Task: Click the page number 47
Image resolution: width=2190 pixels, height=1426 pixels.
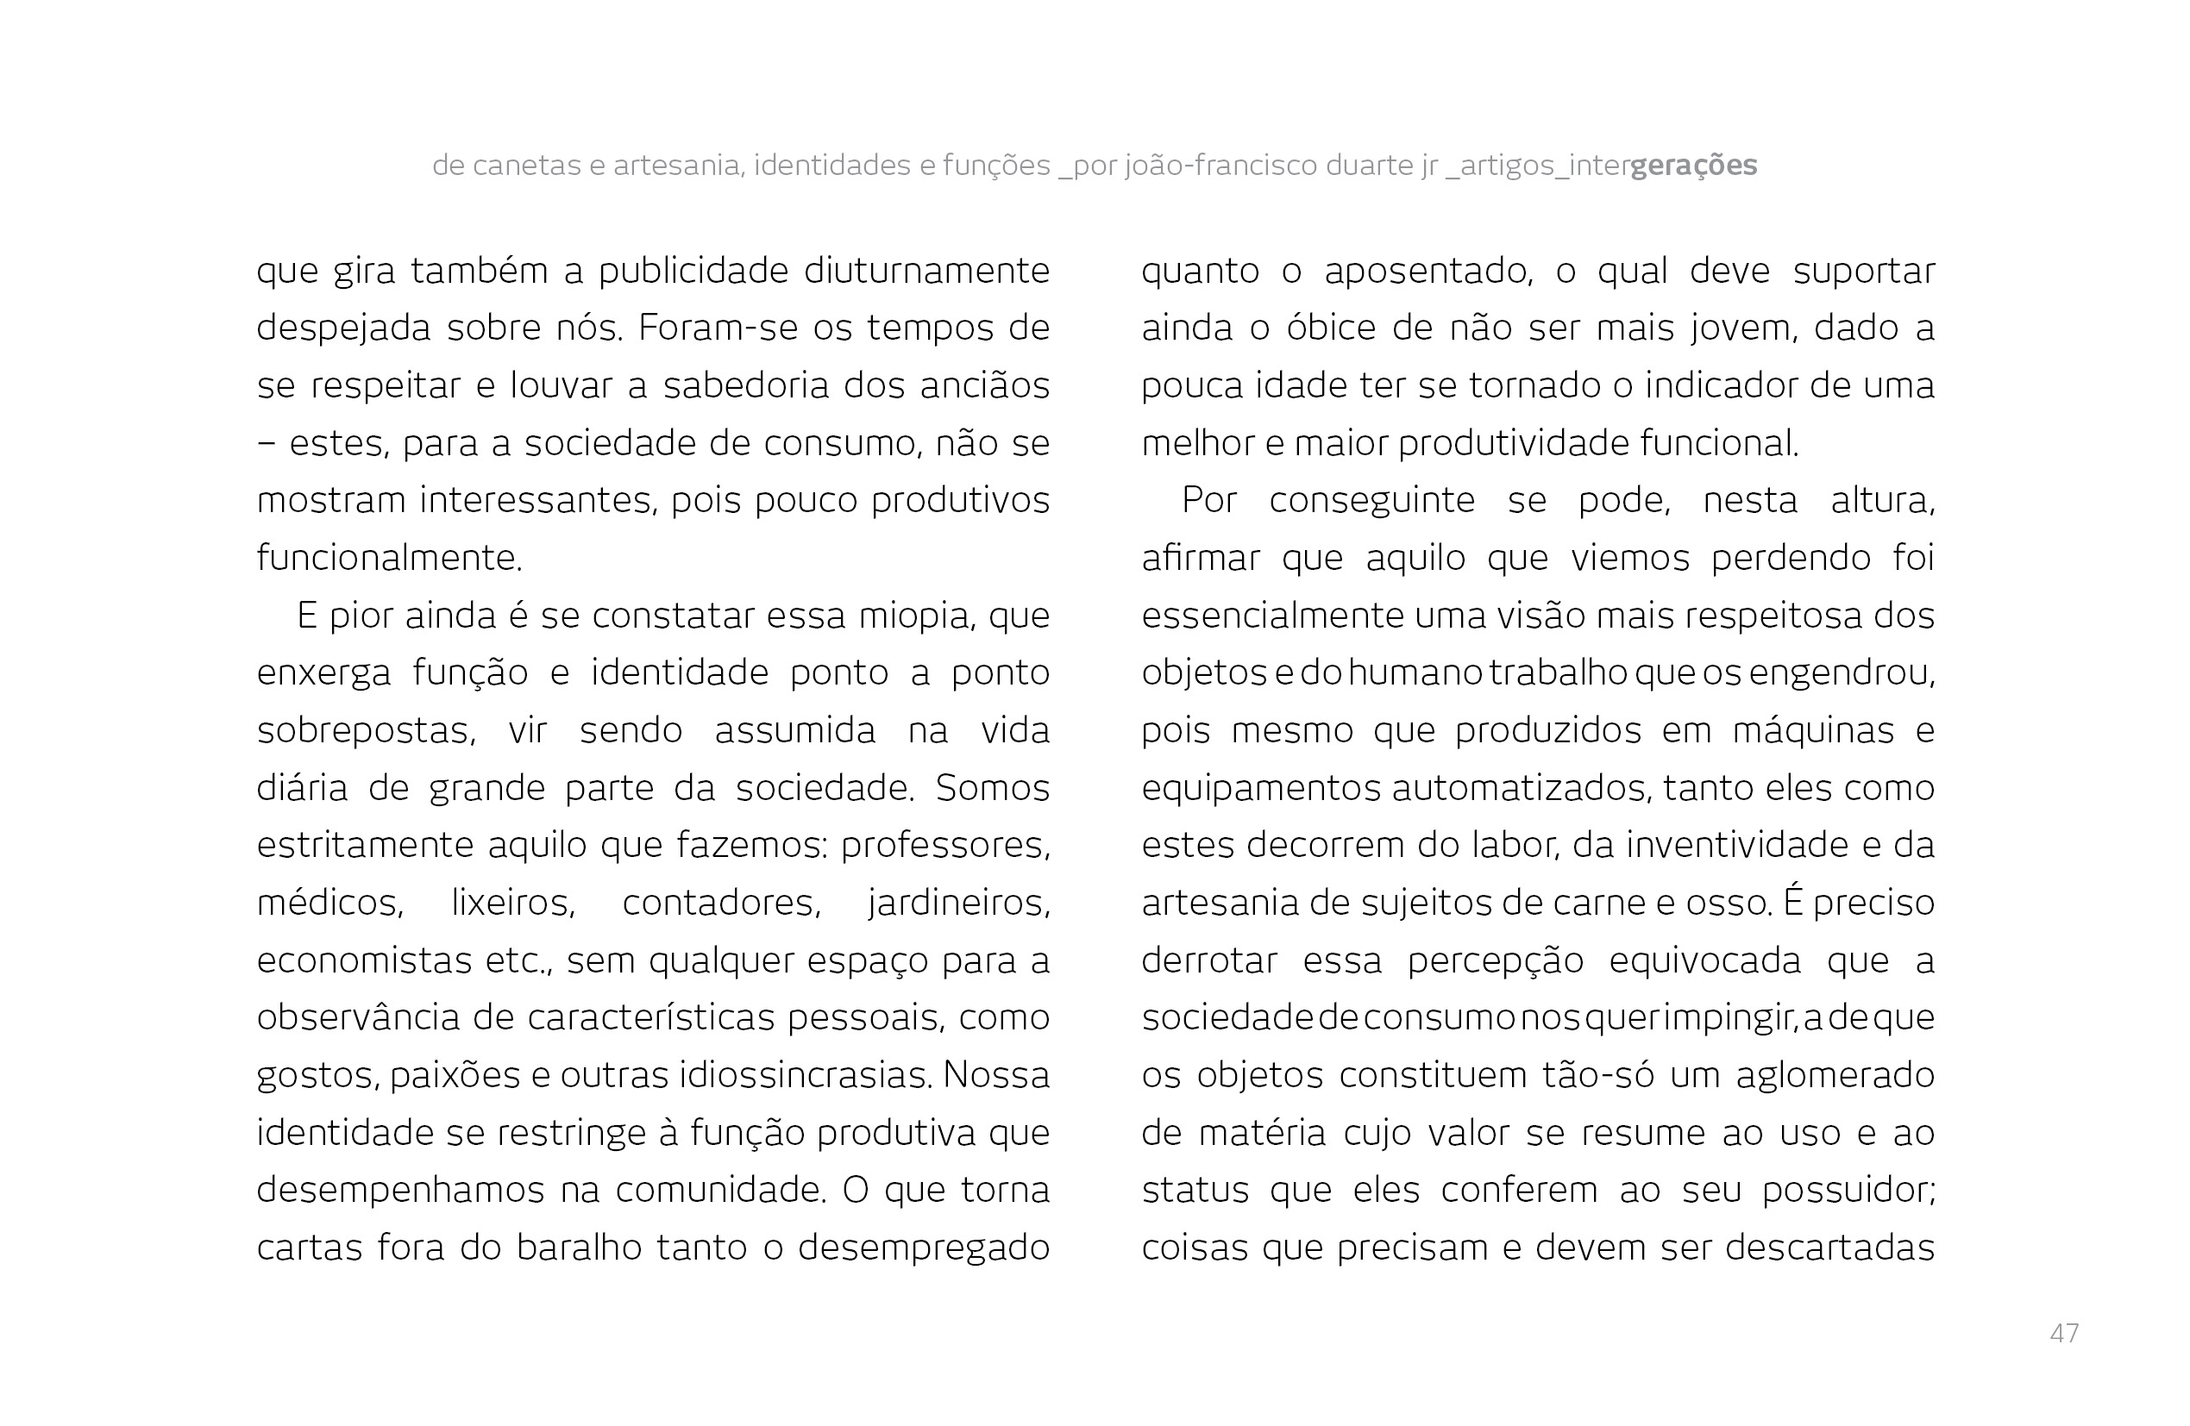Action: (x=2064, y=1333)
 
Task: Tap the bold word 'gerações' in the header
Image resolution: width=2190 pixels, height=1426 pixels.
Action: (x=1693, y=166)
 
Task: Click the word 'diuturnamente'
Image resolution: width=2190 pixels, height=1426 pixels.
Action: (x=926, y=271)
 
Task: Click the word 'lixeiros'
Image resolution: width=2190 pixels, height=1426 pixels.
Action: (x=512, y=903)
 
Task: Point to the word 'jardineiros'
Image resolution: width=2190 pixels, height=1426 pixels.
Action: (x=958, y=903)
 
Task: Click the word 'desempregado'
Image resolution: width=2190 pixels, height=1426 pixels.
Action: (x=923, y=1248)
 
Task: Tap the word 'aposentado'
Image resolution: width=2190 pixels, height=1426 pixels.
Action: (x=1428, y=271)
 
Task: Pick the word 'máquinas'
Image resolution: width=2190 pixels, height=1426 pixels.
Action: (x=1813, y=730)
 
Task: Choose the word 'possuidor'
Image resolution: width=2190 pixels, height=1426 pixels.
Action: (x=1848, y=1191)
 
